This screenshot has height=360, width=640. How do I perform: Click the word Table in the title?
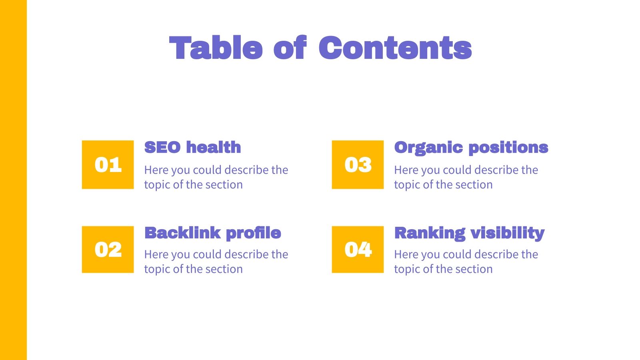pos(216,48)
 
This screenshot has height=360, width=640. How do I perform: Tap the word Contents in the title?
pos(395,48)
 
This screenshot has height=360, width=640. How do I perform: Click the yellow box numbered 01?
pos(108,164)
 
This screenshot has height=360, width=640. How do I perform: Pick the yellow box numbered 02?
pos(108,250)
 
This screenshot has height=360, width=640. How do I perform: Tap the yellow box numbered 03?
pos(358,164)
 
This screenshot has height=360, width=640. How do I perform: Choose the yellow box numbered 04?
pos(358,250)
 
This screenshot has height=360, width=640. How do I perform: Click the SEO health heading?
pos(192,147)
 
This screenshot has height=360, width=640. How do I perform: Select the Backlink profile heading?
pos(212,234)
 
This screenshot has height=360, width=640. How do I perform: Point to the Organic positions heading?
pos(471,148)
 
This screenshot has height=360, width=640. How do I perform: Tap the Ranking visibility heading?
pos(470,234)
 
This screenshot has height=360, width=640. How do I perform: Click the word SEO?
pos(162,147)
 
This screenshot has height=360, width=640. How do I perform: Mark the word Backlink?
pos(182,233)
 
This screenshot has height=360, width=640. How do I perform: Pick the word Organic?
pos(428,148)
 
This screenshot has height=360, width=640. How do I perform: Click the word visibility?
pos(508,234)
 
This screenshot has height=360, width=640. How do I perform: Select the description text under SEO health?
pos(216,177)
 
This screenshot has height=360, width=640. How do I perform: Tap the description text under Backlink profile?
pos(216,262)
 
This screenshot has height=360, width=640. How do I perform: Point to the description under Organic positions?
pos(466,177)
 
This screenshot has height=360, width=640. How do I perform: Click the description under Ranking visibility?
pos(466,262)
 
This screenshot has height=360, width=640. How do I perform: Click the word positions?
pos(508,148)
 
